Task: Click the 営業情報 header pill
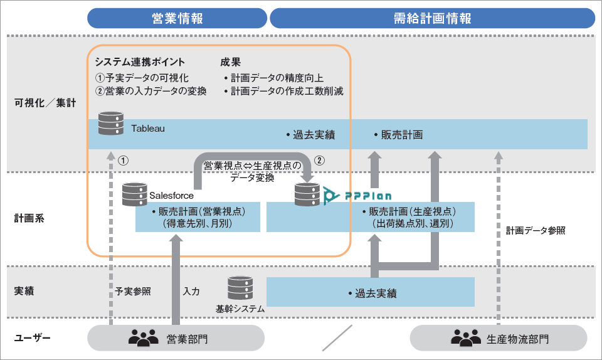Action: point(177,18)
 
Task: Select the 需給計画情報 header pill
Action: point(432,18)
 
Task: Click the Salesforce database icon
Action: point(134,193)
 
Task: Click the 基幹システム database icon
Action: point(240,289)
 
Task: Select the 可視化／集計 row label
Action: point(45,103)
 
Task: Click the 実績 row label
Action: point(24,292)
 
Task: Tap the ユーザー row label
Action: point(32,339)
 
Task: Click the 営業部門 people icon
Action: point(144,339)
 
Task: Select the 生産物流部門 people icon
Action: point(465,339)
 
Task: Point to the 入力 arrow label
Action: point(192,292)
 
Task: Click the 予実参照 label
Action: point(133,292)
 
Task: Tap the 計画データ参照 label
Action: point(536,230)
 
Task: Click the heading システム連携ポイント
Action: point(140,62)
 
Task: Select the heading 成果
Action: point(230,62)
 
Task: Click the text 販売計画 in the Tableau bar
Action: point(398,134)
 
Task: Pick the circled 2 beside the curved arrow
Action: point(320,160)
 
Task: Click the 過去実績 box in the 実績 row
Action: point(371,293)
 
